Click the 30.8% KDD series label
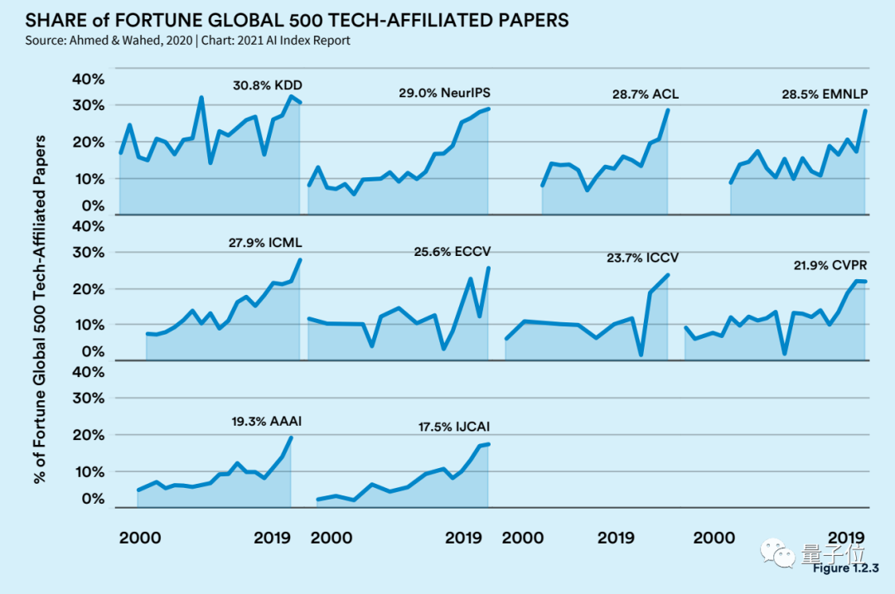[x=267, y=85]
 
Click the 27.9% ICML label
[x=265, y=244]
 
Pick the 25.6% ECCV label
[x=452, y=250]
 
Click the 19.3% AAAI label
[x=266, y=421]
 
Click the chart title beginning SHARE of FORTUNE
[x=298, y=20]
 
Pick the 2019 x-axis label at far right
[x=846, y=538]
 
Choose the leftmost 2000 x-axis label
[x=140, y=538]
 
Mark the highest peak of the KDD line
[x=290, y=97]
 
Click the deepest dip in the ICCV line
[x=641, y=355]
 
